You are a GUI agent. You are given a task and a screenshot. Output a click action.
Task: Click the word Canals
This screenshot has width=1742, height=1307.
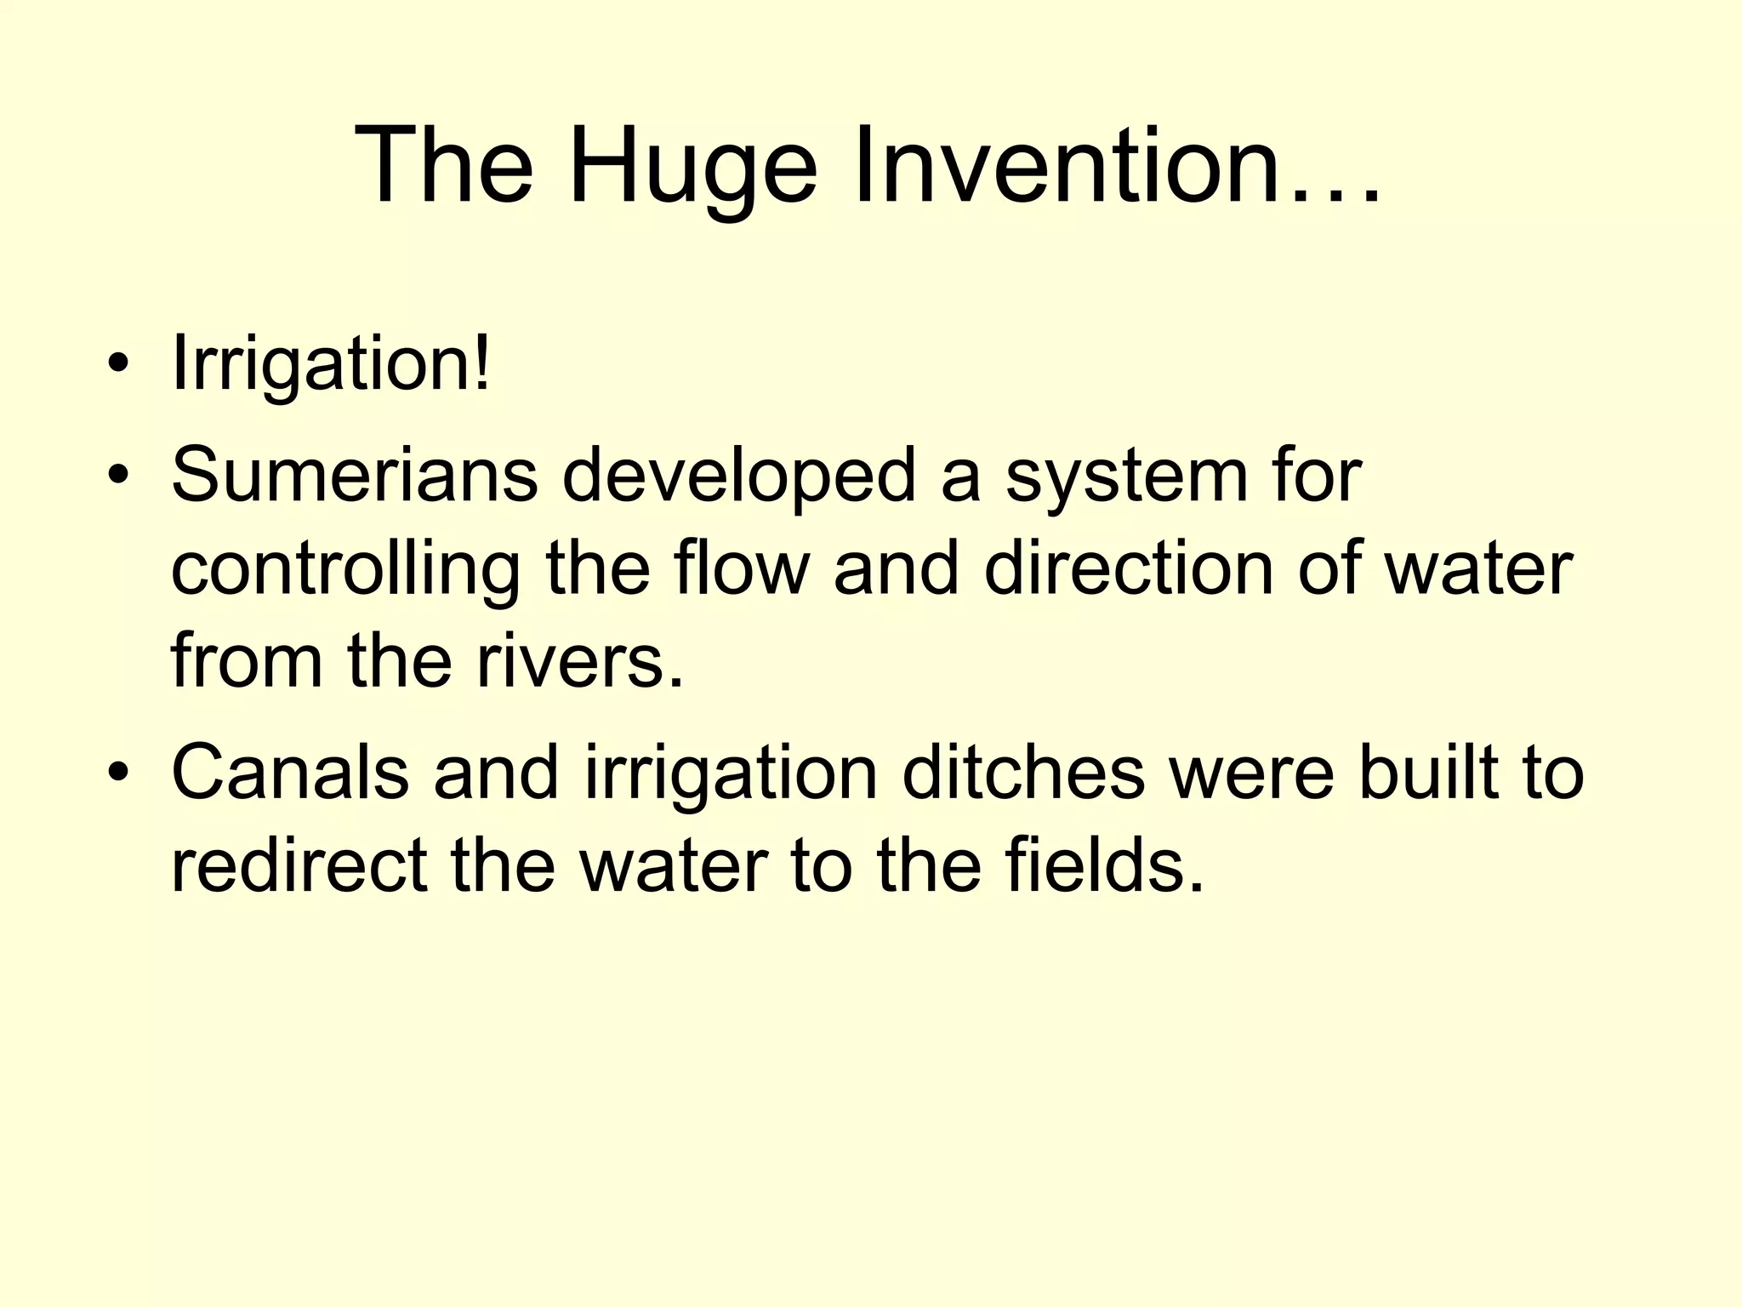(x=290, y=773)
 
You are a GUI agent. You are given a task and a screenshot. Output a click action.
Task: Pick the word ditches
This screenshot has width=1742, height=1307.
(x=1023, y=773)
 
